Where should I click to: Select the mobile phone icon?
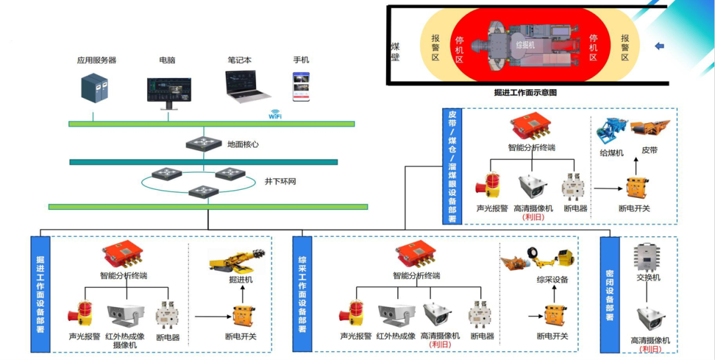301,87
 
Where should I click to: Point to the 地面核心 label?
243,144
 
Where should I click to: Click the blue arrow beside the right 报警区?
659,46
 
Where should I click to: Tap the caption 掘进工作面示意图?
526,93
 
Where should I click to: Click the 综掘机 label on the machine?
525,45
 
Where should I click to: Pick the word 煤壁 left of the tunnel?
395,52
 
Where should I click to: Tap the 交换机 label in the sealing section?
648,277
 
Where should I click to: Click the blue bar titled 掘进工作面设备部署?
40,293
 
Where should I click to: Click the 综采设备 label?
552,279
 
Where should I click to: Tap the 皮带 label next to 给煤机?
649,151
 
